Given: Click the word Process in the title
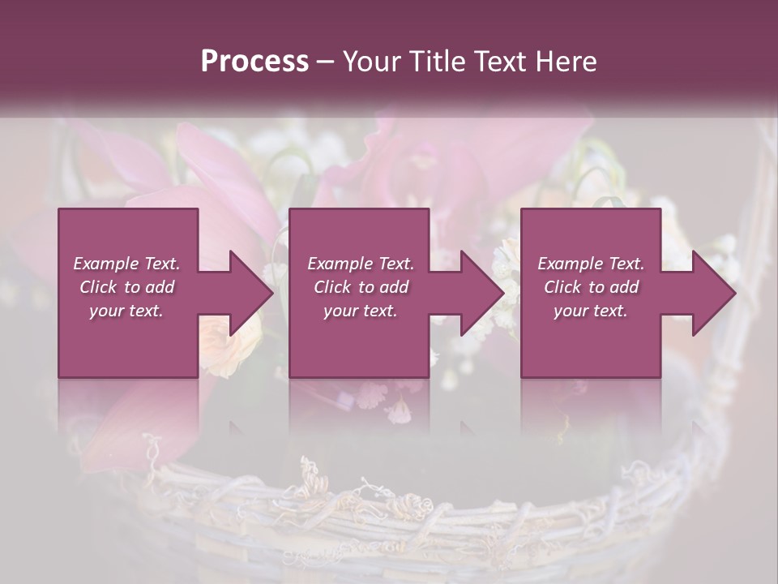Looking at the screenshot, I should (x=254, y=62).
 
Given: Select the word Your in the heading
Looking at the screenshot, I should (x=369, y=62).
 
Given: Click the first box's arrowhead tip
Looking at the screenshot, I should (x=272, y=293).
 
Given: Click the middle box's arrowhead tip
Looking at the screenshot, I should (x=503, y=293).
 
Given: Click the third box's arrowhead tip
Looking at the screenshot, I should (x=734, y=293).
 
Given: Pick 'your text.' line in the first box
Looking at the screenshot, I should (x=126, y=311).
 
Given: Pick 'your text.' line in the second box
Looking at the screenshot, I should (x=361, y=311).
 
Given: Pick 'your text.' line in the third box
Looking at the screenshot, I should (x=591, y=311).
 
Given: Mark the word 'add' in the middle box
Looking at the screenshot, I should (x=394, y=287).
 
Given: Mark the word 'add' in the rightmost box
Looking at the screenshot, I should (x=624, y=287).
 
